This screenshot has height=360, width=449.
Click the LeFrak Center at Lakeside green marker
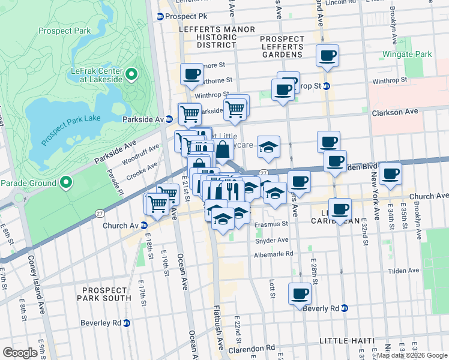pyautogui.click(x=132, y=76)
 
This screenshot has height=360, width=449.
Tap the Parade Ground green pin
pyautogui.click(x=67, y=182)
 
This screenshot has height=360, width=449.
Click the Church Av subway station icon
pyautogui.click(x=144, y=226)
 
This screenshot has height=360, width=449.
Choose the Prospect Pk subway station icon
pyautogui.click(x=160, y=17)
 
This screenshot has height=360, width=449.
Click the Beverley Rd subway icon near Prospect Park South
pyautogui.click(x=127, y=323)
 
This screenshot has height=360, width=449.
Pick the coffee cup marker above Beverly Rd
pyautogui.click(x=300, y=294)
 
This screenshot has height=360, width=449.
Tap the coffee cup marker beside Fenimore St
pyautogui.click(x=191, y=74)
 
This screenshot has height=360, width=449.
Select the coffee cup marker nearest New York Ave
pyautogui.click(x=391, y=174)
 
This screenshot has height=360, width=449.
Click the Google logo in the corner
pyautogui.click(x=20, y=353)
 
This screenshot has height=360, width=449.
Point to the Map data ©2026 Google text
pyautogui.click(x=412, y=355)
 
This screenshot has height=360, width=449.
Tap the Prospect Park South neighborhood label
pyautogui.click(x=103, y=293)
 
